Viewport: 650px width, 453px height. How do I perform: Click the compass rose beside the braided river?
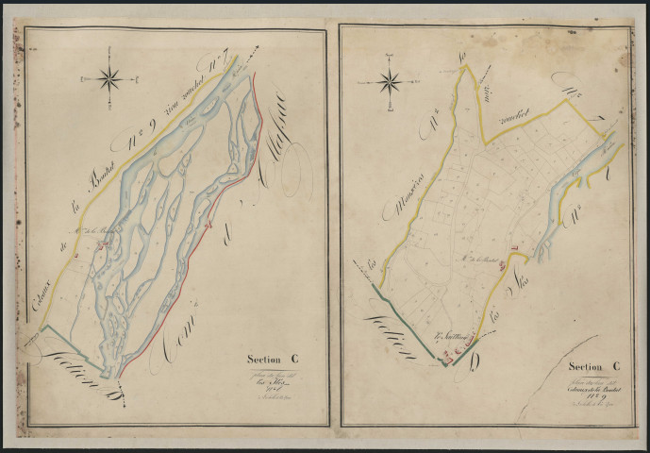pos(109,78)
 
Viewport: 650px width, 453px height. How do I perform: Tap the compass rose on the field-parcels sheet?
pos(389,83)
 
